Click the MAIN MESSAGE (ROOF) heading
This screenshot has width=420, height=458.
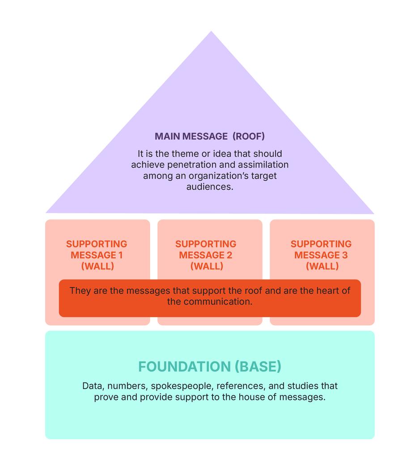point(209,136)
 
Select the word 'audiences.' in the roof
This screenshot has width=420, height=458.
point(210,187)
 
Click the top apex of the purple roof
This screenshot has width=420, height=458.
point(211,32)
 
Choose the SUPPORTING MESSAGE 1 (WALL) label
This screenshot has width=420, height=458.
point(97,255)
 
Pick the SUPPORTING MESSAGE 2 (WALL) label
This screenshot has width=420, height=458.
point(206,255)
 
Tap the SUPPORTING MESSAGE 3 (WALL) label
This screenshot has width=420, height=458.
point(321,255)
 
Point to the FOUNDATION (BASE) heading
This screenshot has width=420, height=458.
point(210,367)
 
